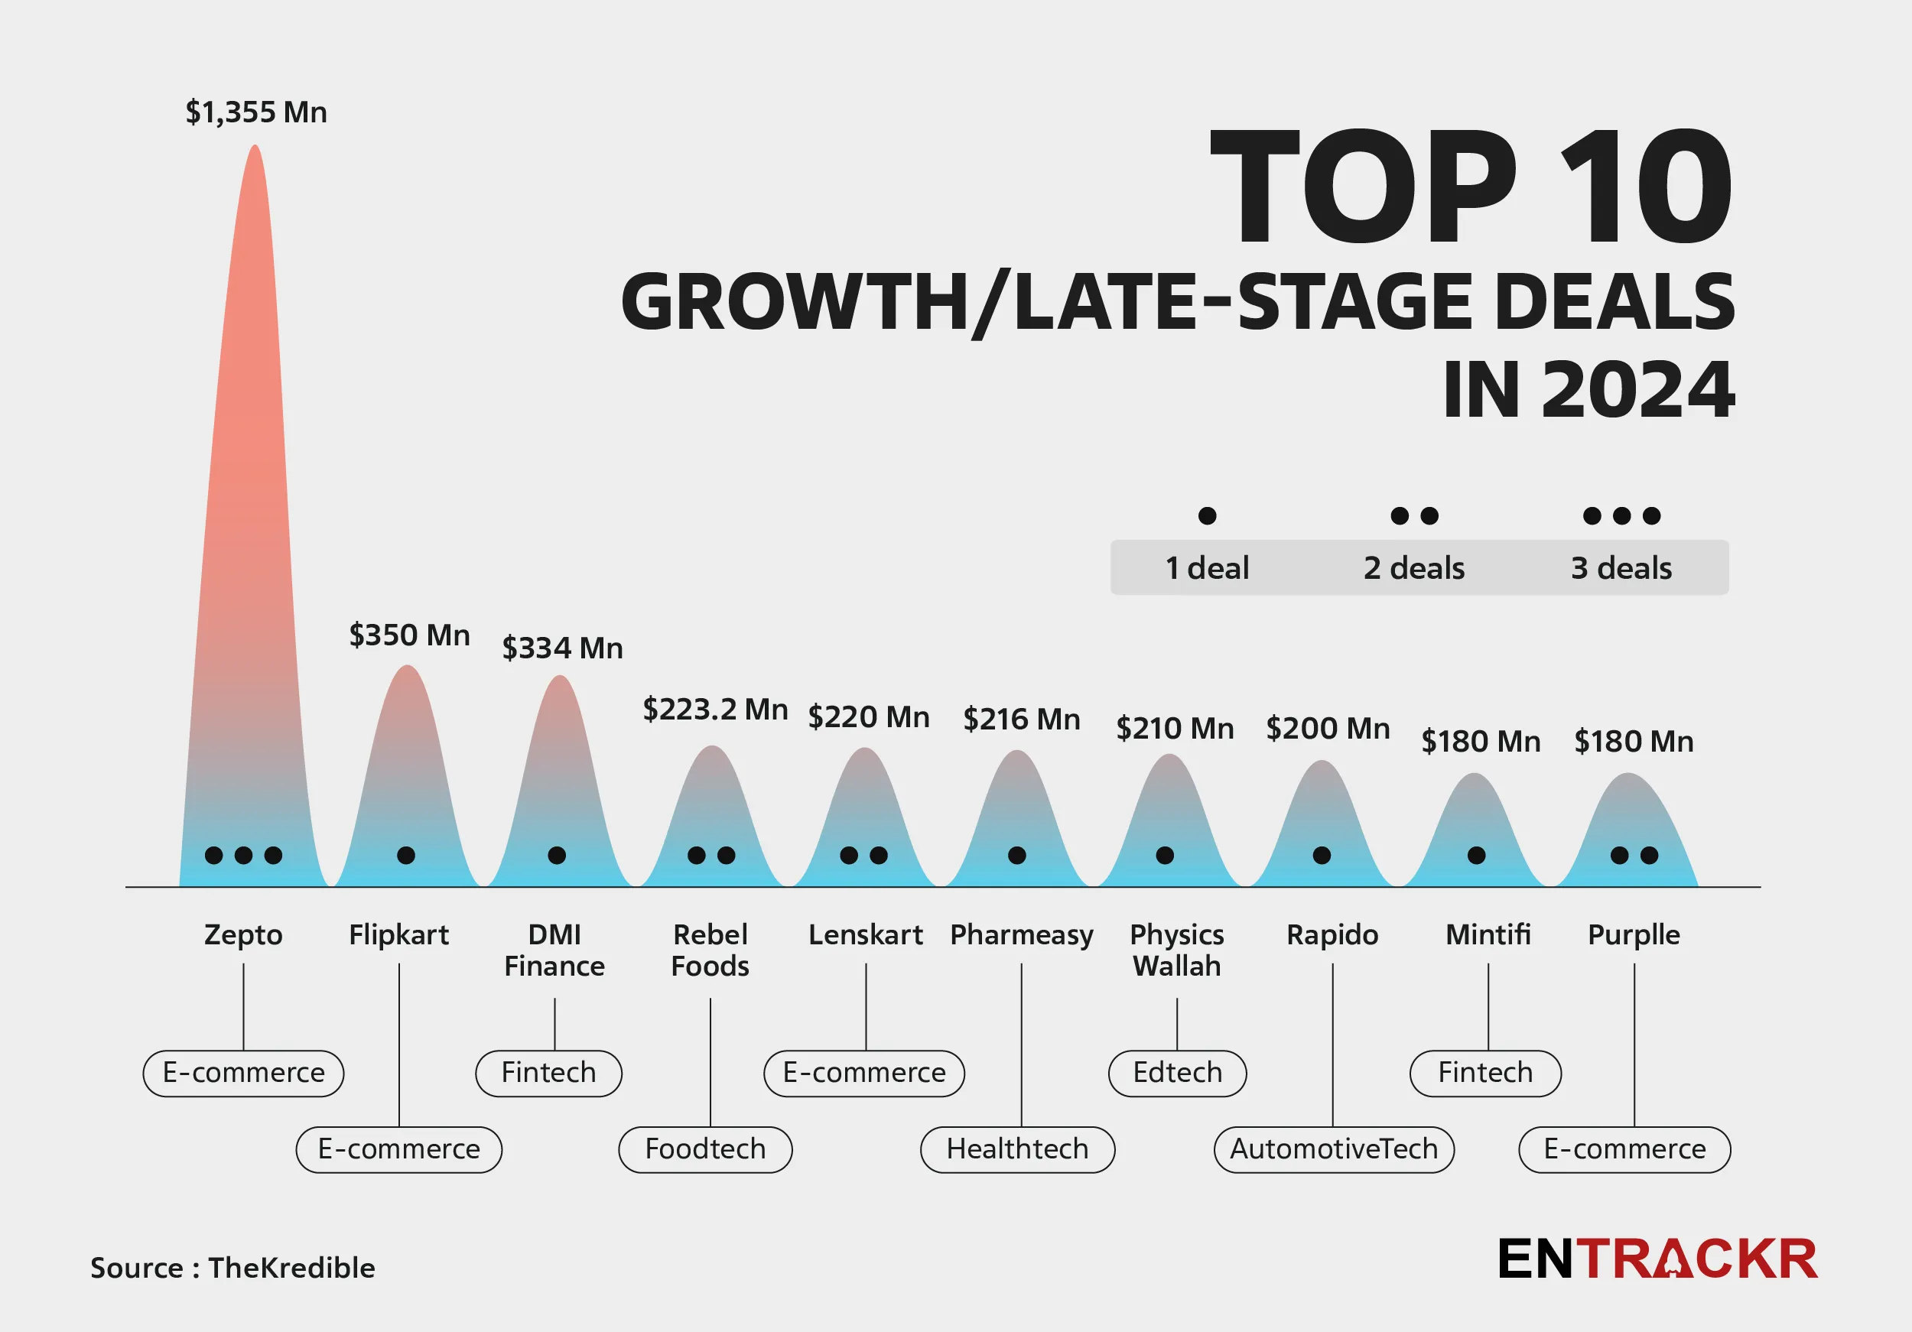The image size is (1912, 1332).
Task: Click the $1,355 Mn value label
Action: tap(255, 112)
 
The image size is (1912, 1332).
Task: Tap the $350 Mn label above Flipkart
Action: tap(409, 635)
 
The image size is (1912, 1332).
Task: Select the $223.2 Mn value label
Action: tap(714, 710)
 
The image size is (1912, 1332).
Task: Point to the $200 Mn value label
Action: tap(1328, 729)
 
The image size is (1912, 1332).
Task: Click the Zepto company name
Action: tap(243, 935)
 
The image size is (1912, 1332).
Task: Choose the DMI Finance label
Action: tap(554, 950)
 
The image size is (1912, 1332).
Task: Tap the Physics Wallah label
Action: tap(1177, 950)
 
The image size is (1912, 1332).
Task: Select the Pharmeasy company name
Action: tap(1022, 935)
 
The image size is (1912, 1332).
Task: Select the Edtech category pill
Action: tap(1177, 1072)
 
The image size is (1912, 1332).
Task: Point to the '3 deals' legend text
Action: tap(1621, 568)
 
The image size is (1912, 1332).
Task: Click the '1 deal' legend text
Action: tap(1207, 568)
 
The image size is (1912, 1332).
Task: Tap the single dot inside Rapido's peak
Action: tap(1322, 855)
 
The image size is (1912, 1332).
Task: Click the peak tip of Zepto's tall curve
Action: tap(255, 148)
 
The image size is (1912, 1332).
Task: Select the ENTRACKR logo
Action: tap(1657, 1259)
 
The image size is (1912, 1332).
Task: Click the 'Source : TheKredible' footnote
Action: tap(232, 1267)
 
